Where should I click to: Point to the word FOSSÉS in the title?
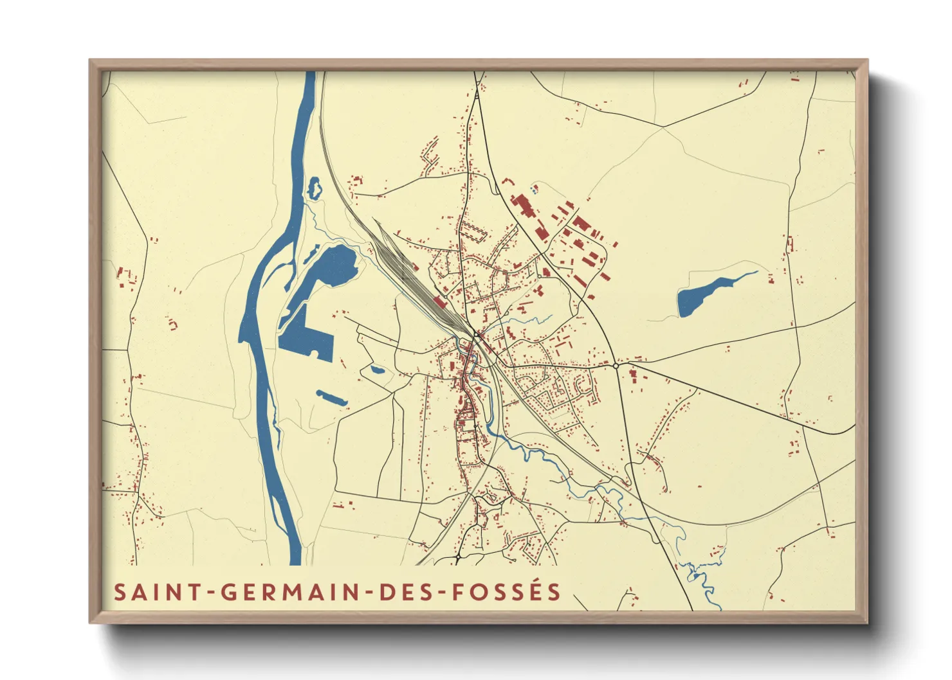[x=507, y=592]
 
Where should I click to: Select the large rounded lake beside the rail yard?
[x=334, y=265]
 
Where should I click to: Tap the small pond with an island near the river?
[x=314, y=188]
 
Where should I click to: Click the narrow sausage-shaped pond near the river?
[x=332, y=398]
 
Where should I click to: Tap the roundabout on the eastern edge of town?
[x=616, y=365]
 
